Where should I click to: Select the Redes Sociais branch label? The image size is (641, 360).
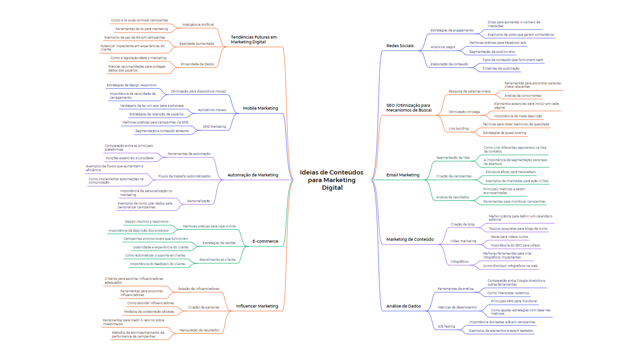(x=400, y=46)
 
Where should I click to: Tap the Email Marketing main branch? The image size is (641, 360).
(x=403, y=175)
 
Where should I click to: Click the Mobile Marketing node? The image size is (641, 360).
(x=260, y=108)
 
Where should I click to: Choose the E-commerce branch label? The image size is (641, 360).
(x=265, y=241)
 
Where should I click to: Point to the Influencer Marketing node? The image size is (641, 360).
(x=257, y=306)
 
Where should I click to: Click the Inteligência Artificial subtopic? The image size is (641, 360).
(x=198, y=24)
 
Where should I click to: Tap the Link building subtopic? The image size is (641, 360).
(x=458, y=129)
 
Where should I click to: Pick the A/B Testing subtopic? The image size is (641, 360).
(x=446, y=327)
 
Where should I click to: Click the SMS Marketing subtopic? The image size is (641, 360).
(x=214, y=127)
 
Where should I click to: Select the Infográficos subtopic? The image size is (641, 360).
(x=460, y=261)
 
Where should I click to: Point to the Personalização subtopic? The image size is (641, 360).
(x=198, y=201)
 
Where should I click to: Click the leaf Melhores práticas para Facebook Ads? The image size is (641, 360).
(x=497, y=42)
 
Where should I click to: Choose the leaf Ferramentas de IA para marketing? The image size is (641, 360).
(x=142, y=29)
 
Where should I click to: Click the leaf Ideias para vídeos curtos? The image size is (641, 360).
(x=509, y=237)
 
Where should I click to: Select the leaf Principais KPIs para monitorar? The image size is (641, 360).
(x=514, y=301)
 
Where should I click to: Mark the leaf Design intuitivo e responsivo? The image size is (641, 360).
(x=146, y=222)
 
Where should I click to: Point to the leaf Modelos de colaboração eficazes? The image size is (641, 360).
(x=149, y=311)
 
